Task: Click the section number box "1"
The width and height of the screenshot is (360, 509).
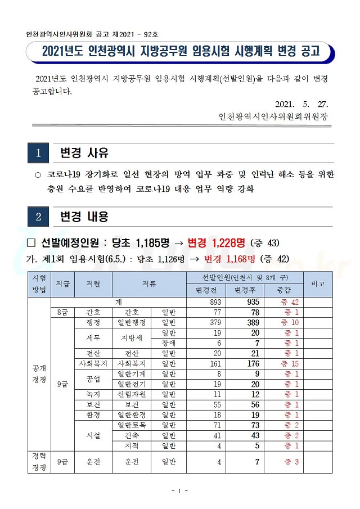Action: click(38, 153)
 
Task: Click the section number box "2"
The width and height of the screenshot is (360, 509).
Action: click(38, 217)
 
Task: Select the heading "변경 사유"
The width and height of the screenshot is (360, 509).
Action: click(84, 153)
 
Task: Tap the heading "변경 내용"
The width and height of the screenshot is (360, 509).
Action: click(84, 217)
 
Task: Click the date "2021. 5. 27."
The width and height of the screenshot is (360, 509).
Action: click(301, 105)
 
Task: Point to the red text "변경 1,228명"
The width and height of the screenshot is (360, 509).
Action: click(217, 242)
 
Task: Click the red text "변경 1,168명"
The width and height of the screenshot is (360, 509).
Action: click(230, 259)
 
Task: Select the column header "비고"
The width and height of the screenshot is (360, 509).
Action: click(318, 284)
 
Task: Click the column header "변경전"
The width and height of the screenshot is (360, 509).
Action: click(206, 290)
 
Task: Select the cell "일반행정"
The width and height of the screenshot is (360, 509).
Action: click(131, 322)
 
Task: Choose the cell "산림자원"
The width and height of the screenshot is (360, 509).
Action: click(131, 394)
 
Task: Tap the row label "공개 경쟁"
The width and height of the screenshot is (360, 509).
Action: click(39, 373)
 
